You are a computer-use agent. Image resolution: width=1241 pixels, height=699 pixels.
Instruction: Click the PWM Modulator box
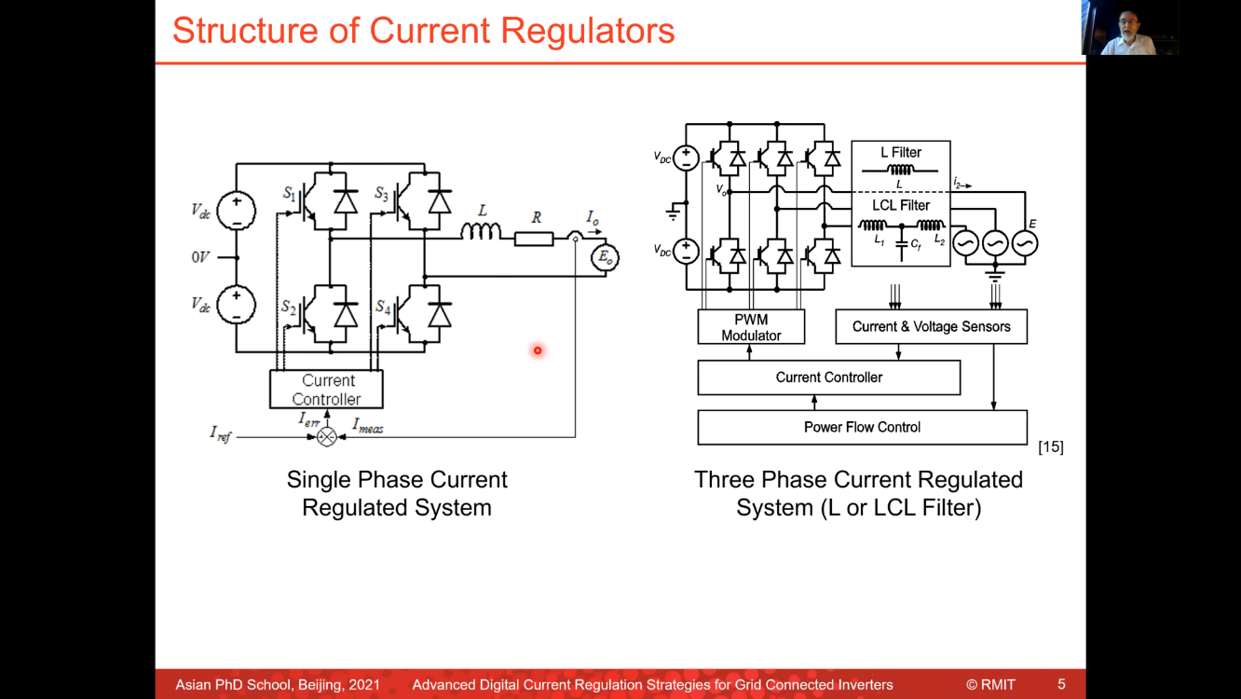(x=751, y=327)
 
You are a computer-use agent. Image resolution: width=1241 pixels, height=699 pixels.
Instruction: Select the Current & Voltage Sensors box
(x=931, y=326)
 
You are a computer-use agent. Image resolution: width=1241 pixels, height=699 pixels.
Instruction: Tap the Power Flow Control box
(x=862, y=427)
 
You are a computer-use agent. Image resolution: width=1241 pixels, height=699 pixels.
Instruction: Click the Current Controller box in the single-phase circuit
(x=326, y=390)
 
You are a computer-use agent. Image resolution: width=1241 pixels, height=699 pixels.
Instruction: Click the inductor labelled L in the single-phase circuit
(x=481, y=230)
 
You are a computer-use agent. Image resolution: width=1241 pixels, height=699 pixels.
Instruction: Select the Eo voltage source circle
(x=606, y=258)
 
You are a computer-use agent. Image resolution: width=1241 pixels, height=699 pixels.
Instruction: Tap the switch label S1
(x=290, y=194)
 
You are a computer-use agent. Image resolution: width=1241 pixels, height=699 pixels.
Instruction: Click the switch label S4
(x=383, y=307)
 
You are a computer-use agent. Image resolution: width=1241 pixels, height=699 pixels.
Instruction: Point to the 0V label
(x=200, y=257)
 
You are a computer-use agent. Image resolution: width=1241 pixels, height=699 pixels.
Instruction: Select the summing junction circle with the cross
(x=326, y=436)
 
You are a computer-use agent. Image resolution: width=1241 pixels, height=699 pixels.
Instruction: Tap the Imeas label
(x=368, y=426)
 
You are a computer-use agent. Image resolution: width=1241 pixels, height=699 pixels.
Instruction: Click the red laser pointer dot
(x=538, y=350)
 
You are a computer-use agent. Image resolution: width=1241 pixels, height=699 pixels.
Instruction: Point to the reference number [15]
(x=1050, y=447)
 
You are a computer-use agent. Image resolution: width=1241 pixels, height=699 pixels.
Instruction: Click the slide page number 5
(x=1061, y=684)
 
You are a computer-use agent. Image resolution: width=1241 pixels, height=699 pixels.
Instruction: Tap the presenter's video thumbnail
(x=1129, y=28)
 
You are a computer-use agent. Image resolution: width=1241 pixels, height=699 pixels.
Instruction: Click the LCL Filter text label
(x=901, y=205)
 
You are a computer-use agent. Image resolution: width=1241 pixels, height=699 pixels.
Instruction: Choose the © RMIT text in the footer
(x=990, y=685)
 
